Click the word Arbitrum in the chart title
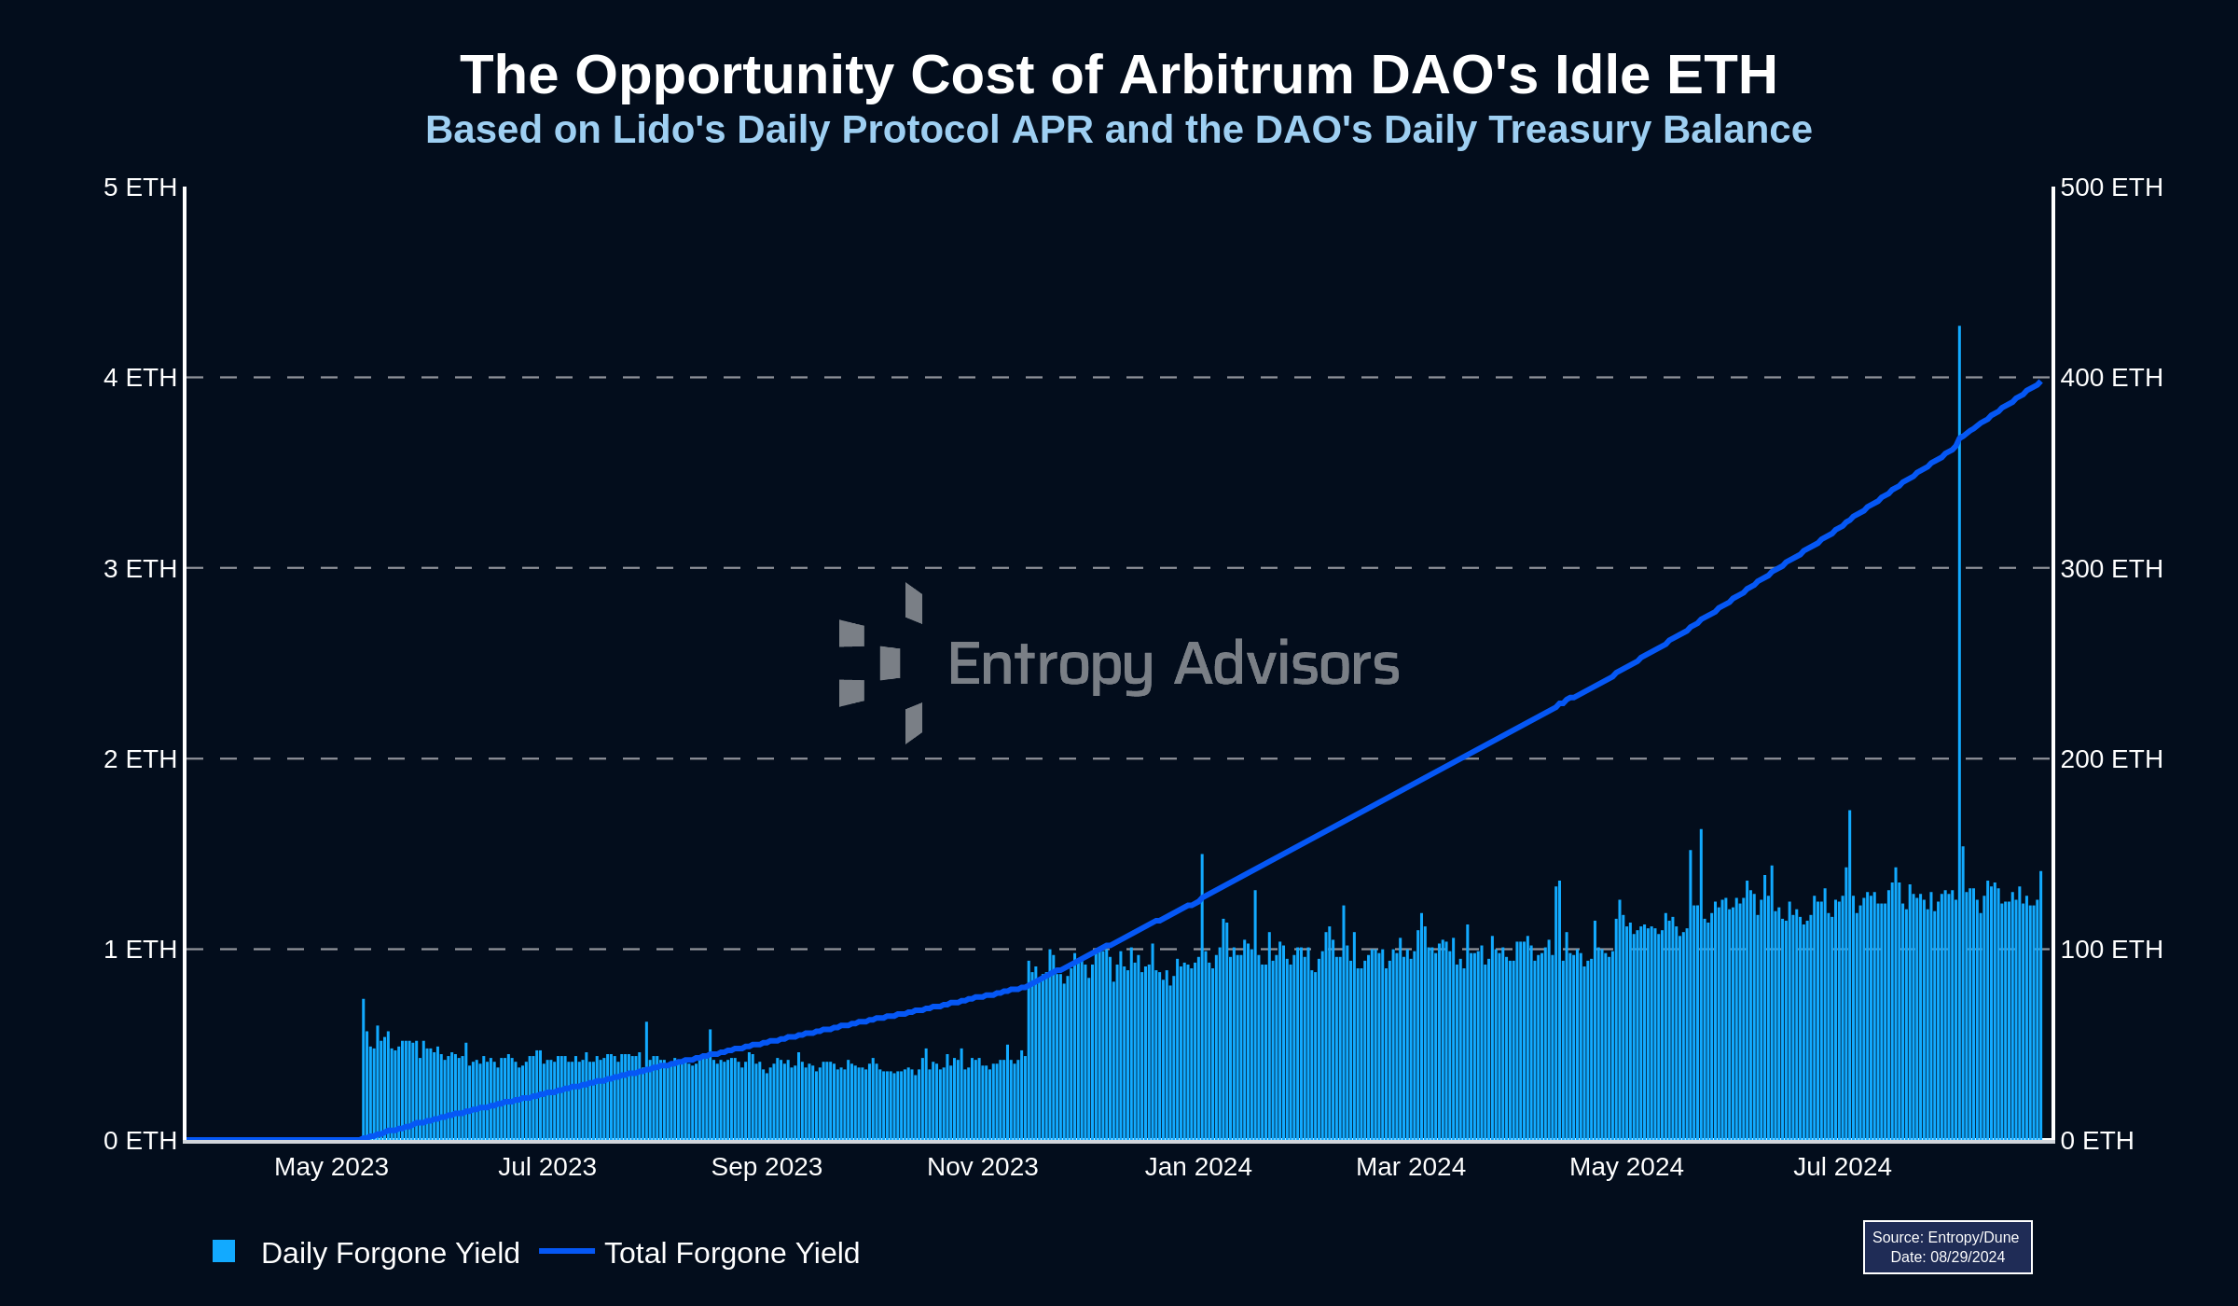1236,75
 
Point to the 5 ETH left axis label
140,188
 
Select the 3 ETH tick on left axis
140,568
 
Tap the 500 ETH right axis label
2111,188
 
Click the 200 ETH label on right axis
2111,758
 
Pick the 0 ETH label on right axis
2096,1140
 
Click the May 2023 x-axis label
331,1167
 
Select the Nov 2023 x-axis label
982,1167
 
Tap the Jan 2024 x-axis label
1197,1167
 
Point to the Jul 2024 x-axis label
1842,1167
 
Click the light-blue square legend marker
224,1251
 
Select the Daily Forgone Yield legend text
390,1253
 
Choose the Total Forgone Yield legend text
731,1253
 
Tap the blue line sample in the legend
567,1251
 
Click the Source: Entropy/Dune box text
1945,1237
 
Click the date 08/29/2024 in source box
1967,1257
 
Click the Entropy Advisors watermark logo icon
881,663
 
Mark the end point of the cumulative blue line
2039,382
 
